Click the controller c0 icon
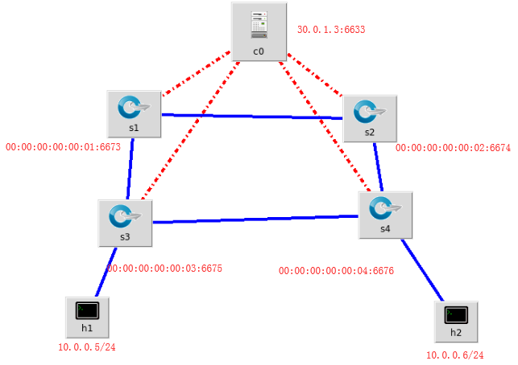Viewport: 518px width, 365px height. [258, 26]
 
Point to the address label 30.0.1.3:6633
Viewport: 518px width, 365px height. [331, 30]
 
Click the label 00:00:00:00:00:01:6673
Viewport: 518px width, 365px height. [63, 148]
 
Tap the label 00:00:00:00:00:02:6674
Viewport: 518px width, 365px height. [453, 149]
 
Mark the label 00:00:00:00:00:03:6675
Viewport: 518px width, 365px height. [164, 269]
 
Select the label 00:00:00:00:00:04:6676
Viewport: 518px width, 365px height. [336, 272]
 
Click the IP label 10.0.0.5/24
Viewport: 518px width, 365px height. [86, 347]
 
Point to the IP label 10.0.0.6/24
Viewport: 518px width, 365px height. [454, 355]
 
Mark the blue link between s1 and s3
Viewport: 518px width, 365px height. [129, 169]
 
